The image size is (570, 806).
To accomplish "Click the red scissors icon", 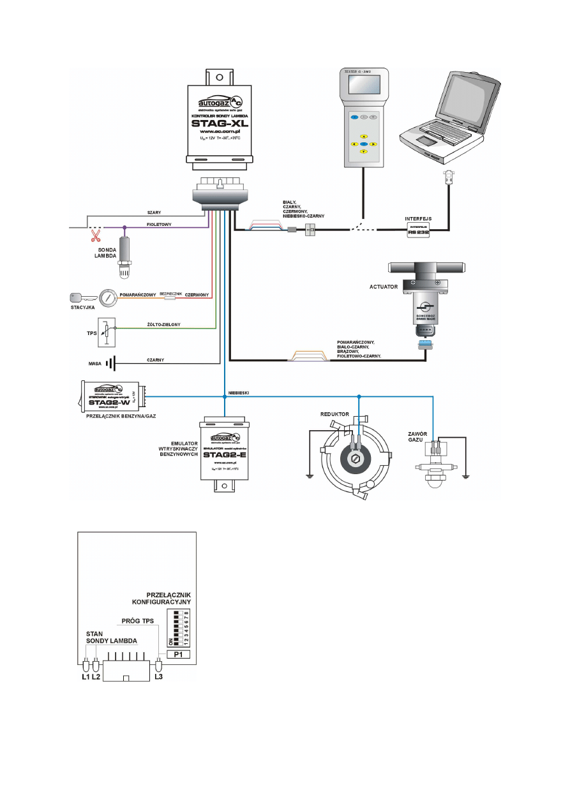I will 96,235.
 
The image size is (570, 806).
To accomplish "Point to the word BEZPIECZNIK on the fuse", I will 171,294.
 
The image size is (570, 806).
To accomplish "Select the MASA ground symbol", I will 110,364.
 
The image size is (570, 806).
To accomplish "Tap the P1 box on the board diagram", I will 178,654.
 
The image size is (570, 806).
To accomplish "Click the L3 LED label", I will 159,676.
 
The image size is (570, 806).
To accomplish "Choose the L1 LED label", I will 85,676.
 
